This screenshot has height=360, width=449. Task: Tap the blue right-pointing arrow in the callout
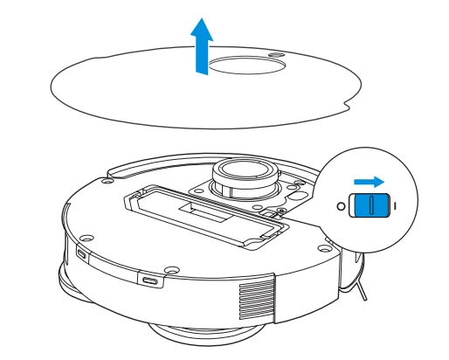369,182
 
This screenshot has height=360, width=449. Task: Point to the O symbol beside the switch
341,206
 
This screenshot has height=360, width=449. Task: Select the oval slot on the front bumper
150,281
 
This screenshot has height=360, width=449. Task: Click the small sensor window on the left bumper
81,254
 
